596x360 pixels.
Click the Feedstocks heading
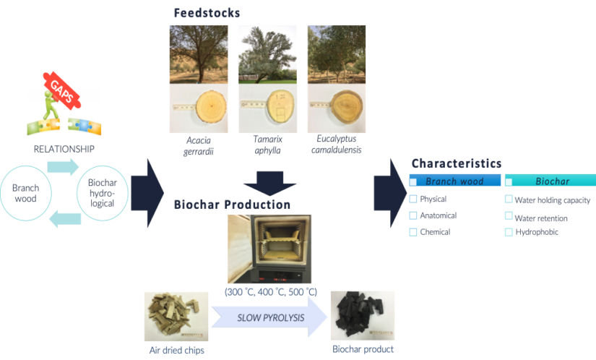coord(207,14)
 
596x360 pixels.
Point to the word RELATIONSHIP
coord(65,149)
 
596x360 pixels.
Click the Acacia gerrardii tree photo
coord(199,54)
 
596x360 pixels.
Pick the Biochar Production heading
coord(232,205)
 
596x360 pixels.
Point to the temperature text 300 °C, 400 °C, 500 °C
coord(270,291)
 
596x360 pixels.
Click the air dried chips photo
coord(173,316)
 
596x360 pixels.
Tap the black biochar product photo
coord(363,316)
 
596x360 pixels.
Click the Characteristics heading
coord(457,164)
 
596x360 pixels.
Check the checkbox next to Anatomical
coord(414,215)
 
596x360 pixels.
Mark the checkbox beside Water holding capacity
coord(509,199)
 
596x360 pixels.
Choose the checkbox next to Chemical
coord(414,232)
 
